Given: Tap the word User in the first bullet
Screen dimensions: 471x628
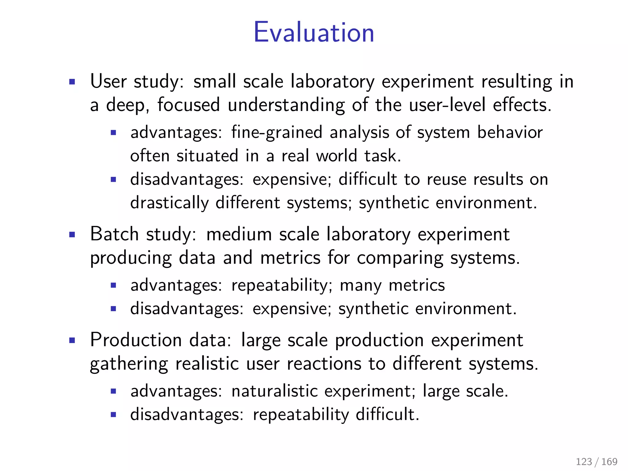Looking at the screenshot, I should (108, 82).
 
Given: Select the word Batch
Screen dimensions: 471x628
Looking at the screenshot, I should (114, 234).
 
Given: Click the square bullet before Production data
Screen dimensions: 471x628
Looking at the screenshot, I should (72, 340).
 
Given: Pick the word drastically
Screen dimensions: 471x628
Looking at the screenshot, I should (169, 203).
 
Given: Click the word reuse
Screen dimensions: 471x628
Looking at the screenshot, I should (446, 180).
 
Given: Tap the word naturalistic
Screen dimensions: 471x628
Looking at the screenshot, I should (275, 392).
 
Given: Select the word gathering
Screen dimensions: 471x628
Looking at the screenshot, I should (129, 365).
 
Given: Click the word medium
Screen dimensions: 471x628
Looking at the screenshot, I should (239, 235).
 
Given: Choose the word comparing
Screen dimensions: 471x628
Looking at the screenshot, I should (400, 258).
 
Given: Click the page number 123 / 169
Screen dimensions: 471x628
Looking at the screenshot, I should (596, 461).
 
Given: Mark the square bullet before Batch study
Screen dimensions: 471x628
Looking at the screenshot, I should (72, 235).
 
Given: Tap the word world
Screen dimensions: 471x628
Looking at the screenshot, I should (336, 156).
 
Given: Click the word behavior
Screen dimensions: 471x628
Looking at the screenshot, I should (510, 133).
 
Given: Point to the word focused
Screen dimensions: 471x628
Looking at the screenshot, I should (189, 105).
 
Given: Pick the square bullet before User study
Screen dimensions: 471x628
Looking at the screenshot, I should (72, 82).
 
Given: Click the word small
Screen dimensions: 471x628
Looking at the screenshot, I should (215, 82).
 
